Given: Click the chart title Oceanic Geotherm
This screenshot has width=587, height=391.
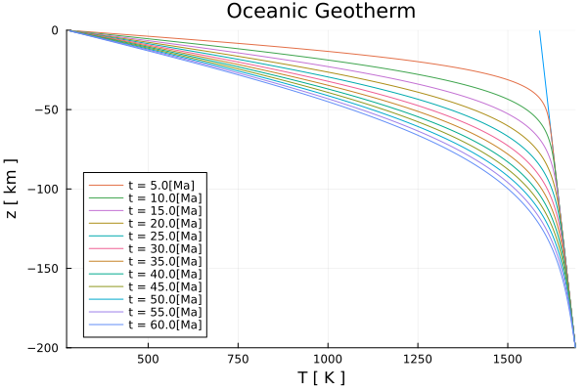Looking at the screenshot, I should (321, 12).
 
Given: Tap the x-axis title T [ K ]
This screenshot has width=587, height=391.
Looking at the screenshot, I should (321, 378).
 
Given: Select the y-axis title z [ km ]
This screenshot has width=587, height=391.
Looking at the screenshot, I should (11, 189).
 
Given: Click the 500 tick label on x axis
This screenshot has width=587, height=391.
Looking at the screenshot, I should (148, 359).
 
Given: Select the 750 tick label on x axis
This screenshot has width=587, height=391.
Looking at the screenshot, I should (238, 359).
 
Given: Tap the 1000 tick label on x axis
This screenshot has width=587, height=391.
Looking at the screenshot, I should (328, 359).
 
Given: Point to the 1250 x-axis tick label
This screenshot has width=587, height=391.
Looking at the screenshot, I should (418, 359).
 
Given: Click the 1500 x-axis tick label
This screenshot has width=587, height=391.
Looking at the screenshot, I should (507, 359).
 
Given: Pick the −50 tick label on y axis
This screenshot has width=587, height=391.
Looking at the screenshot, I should (46, 109).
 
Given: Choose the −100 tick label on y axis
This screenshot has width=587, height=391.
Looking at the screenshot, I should (43, 189).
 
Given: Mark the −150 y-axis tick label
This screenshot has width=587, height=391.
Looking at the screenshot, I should (43, 268).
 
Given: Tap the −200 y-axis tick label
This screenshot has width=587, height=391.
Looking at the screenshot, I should (43, 347).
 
